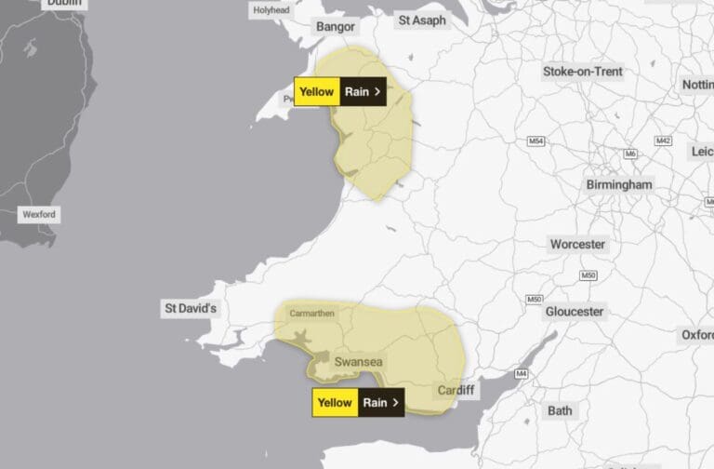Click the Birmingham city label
point(619,185)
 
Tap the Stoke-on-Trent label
point(583,72)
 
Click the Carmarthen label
point(312,314)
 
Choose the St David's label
point(191,308)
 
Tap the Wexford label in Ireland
point(39,214)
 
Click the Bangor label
point(336,26)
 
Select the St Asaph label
point(423,20)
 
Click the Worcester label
point(577,245)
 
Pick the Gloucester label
point(575,311)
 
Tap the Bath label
point(561,410)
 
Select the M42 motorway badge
point(663,141)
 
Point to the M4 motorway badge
point(522,374)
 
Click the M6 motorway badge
point(631,154)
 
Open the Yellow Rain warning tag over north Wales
point(339,91)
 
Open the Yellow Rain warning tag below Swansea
point(358,403)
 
